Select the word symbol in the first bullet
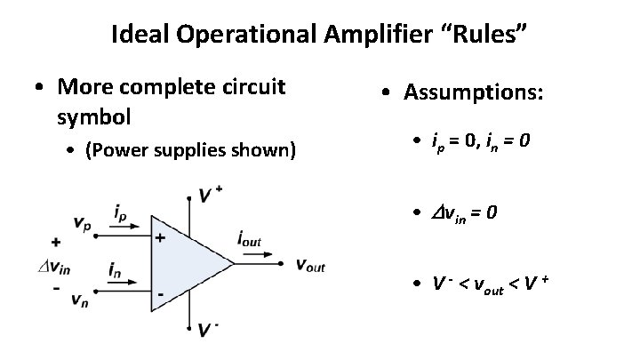94,116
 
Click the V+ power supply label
211,194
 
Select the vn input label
81,300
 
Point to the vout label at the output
310,264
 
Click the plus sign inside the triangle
161,238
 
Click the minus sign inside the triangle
161,292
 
